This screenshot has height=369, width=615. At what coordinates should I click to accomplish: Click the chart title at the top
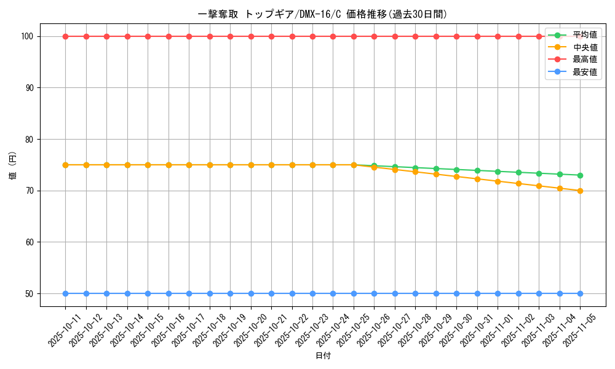pos(323,14)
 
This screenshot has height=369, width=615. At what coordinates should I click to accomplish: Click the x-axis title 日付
pos(323,356)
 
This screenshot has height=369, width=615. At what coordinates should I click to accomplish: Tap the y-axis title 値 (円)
pos(13,165)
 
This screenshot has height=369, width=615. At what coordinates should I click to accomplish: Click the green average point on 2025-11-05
pos(580,175)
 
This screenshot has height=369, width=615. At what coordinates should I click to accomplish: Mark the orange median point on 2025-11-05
pos(580,191)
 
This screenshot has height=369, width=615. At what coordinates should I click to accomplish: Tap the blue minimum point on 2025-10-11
pos(65,293)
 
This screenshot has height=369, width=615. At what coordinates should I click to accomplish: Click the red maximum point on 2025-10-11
pos(65,36)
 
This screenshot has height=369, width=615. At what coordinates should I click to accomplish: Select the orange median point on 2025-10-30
pos(456,177)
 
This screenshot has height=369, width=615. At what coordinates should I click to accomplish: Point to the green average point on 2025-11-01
pos(498,172)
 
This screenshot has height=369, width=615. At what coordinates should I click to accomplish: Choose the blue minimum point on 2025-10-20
pos(251,293)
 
